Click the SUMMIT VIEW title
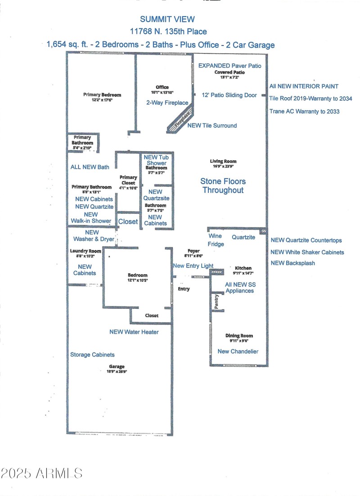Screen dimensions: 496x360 pyautogui.click(x=167, y=19)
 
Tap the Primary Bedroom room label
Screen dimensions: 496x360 pyautogui.click(x=102, y=95)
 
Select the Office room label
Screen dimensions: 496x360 pyautogui.click(x=162, y=87)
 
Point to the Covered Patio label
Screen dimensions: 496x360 pyautogui.click(x=229, y=72)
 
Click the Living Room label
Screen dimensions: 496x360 pyautogui.click(x=223, y=161)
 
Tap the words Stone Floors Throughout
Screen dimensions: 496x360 pyautogui.click(x=223, y=185)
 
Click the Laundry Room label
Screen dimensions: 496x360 pyautogui.click(x=85, y=251)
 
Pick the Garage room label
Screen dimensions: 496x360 pyautogui.click(x=116, y=366)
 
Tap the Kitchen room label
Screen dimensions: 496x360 pyautogui.click(x=243, y=268)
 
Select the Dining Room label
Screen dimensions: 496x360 pyautogui.click(x=239, y=335)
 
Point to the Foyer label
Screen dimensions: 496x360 pyautogui.click(x=193, y=251)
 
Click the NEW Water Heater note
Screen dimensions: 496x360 pyautogui.click(x=134, y=332)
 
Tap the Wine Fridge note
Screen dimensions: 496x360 pyautogui.click(x=216, y=240)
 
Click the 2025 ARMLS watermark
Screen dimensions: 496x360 pyautogui.click(x=41, y=473)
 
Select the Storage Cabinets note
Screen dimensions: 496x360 pyautogui.click(x=92, y=355)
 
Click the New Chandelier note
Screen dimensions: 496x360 pyautogui.click(x=238, y=351)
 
